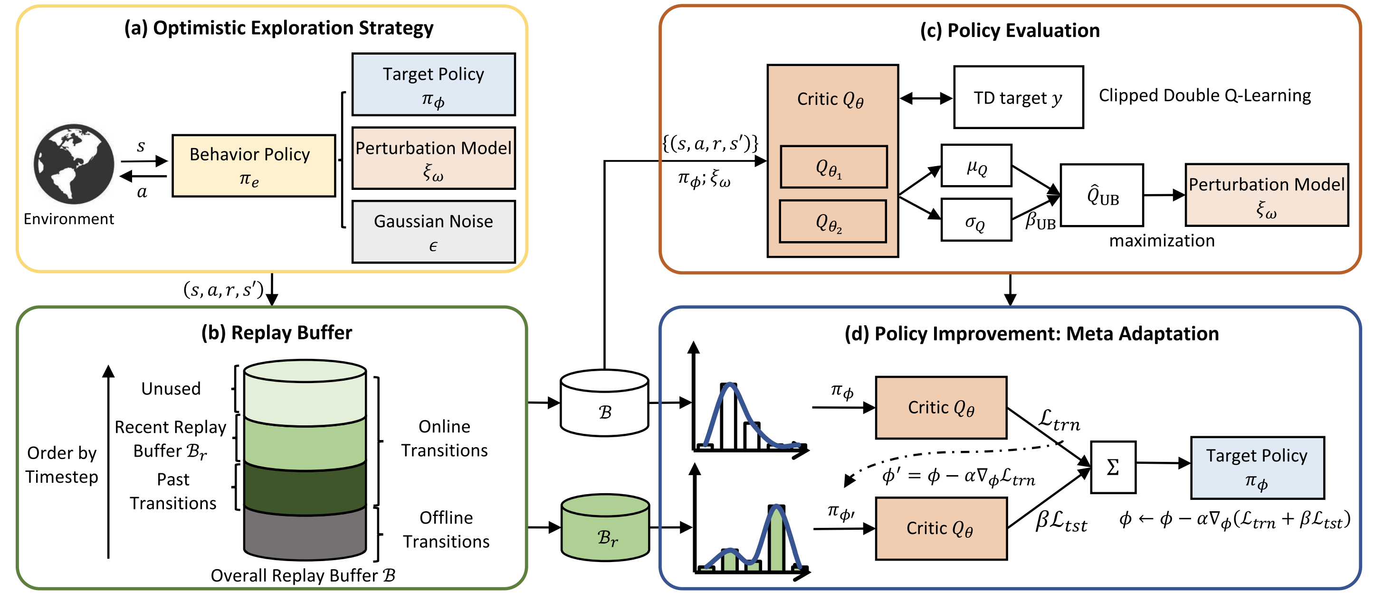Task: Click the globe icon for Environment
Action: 74,164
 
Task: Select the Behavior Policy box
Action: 253,166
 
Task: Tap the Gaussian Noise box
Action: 433,232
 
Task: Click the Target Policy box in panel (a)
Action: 433,84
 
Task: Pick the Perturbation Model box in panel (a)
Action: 433,158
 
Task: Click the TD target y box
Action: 1018,97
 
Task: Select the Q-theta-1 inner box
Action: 833,167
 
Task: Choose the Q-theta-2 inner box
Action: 832,221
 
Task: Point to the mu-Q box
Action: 976,166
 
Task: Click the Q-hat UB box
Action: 1101,195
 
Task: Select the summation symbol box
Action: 1113,467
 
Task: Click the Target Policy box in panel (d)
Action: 1257,467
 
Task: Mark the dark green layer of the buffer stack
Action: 305,487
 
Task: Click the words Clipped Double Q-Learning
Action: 1204,95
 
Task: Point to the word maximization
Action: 1161,241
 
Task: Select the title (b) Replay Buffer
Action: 277,332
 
